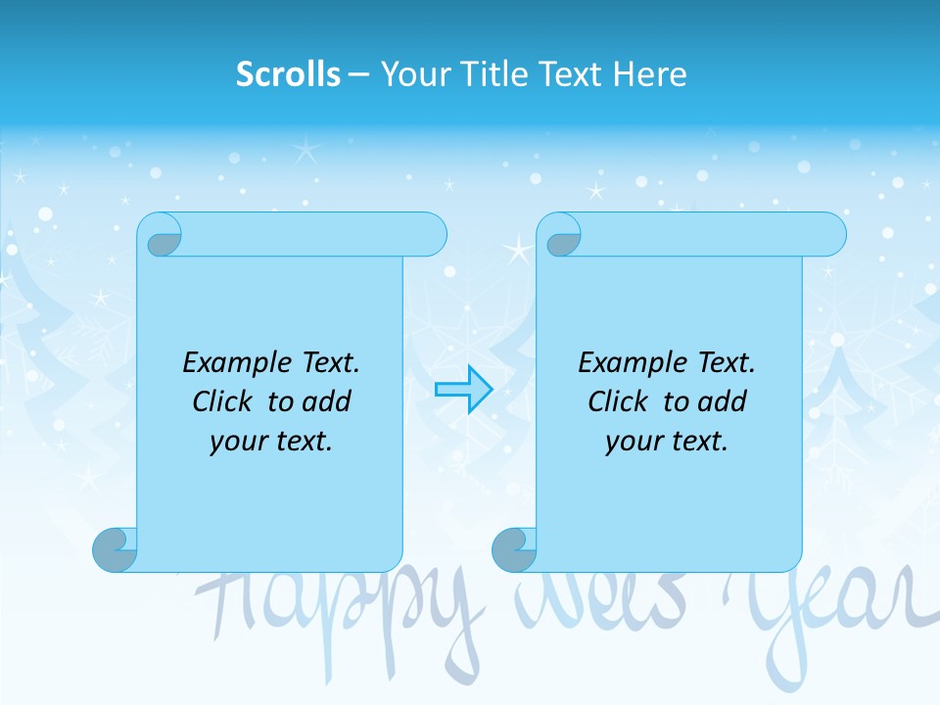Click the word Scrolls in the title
(x=288, y=74)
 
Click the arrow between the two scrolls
(x=463, y=390)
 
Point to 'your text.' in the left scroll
(x=271, y=441)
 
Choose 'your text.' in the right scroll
(x=667, y=441)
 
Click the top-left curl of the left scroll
(x=162, y=239)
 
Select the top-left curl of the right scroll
(x=562, y=239)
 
